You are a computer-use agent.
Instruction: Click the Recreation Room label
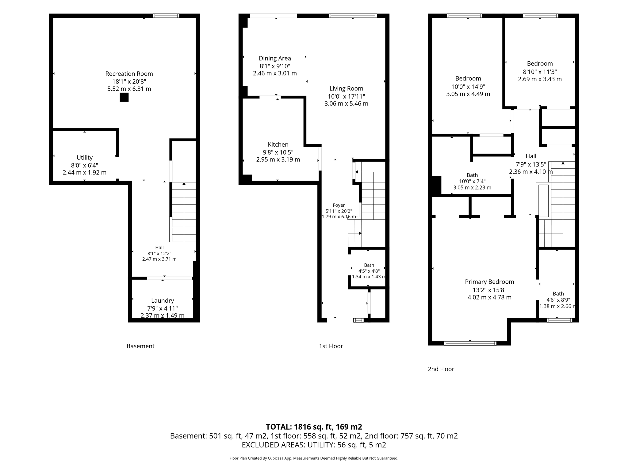pyautogui.click(x=129, y=74)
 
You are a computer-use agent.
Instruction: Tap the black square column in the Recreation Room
pyautogui.click(x=124, y=97)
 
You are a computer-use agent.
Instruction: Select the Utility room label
pyautogui.click(x=85, y=158)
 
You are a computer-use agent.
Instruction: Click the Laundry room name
pyautogui.click(x=163, y=301)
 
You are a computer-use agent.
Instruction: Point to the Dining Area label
pyautogui.click(x=275, y=58)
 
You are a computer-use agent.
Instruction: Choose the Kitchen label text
pyautogui.click(x=278, y=144)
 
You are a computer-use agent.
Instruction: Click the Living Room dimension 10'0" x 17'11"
pyautogui.click(x=347, y=96)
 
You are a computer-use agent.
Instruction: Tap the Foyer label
pyautogui.click(x=339, y=205)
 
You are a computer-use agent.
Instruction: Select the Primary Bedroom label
pyautogui.click(x=489, y=282)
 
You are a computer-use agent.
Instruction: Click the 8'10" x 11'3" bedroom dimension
pyautogui.click(x=540, y=71)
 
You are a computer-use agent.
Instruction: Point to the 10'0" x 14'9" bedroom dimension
pyautogui.click(x=468, y=86)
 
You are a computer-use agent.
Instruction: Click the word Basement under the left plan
pyautogui.click(x=140, y=346)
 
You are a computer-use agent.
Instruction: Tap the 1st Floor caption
pyautogui.click(x=331, y=346)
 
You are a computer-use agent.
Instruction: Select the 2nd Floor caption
pyautogui.click(x=441, y=369)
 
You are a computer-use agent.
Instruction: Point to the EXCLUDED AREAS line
pyautogui.click(x=314, y=445)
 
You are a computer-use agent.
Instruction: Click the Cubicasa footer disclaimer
pyautogui.click(x=314, y=458)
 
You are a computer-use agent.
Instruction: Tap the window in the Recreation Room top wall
pyautogui.click(x=166, y=16)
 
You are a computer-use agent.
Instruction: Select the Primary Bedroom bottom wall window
pyautogui.click(x=470, y=343)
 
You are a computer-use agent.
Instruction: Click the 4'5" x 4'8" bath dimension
pyautogui.click(x=369, y=271)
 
